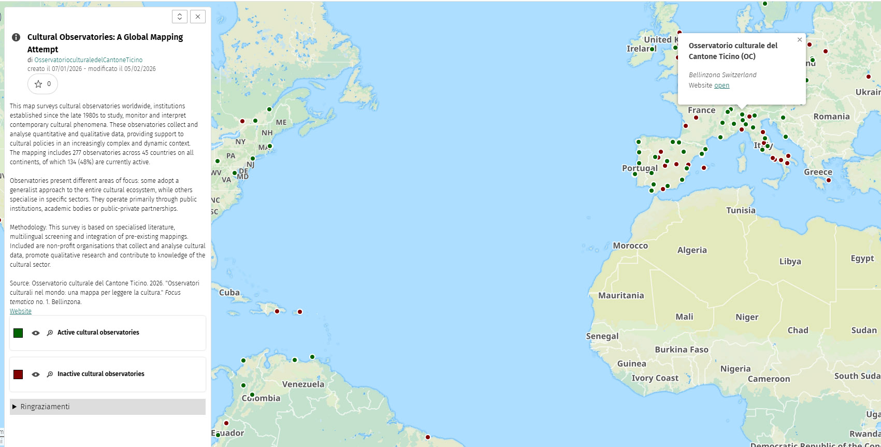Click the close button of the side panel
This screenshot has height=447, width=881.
(197, 17)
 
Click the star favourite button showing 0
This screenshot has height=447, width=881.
(42, 84)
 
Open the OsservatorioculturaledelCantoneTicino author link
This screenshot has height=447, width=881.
(89, 60)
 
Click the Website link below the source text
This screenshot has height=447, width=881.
(21, 311)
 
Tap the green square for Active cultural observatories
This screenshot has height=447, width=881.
(18, 333)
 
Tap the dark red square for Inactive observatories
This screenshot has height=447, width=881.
(18, 374)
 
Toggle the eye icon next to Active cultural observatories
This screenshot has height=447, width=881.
(36, 333)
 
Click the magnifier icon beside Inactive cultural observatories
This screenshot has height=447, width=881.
(50, 374)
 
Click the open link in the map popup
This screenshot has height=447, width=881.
(721, 85)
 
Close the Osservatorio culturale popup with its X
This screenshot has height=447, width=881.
(800, 40)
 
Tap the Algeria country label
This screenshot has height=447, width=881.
(692, 250)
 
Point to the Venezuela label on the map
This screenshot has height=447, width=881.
(303, 384)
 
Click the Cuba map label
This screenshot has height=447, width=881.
(229, 293)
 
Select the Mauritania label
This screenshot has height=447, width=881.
(621, 296)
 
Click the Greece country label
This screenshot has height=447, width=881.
(818, 172)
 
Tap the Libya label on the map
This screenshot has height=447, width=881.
(790, 262)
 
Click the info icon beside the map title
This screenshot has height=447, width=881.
(16, 37)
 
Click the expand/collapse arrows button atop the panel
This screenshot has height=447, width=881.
(179, 17)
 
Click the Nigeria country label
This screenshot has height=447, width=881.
(735, 369)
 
